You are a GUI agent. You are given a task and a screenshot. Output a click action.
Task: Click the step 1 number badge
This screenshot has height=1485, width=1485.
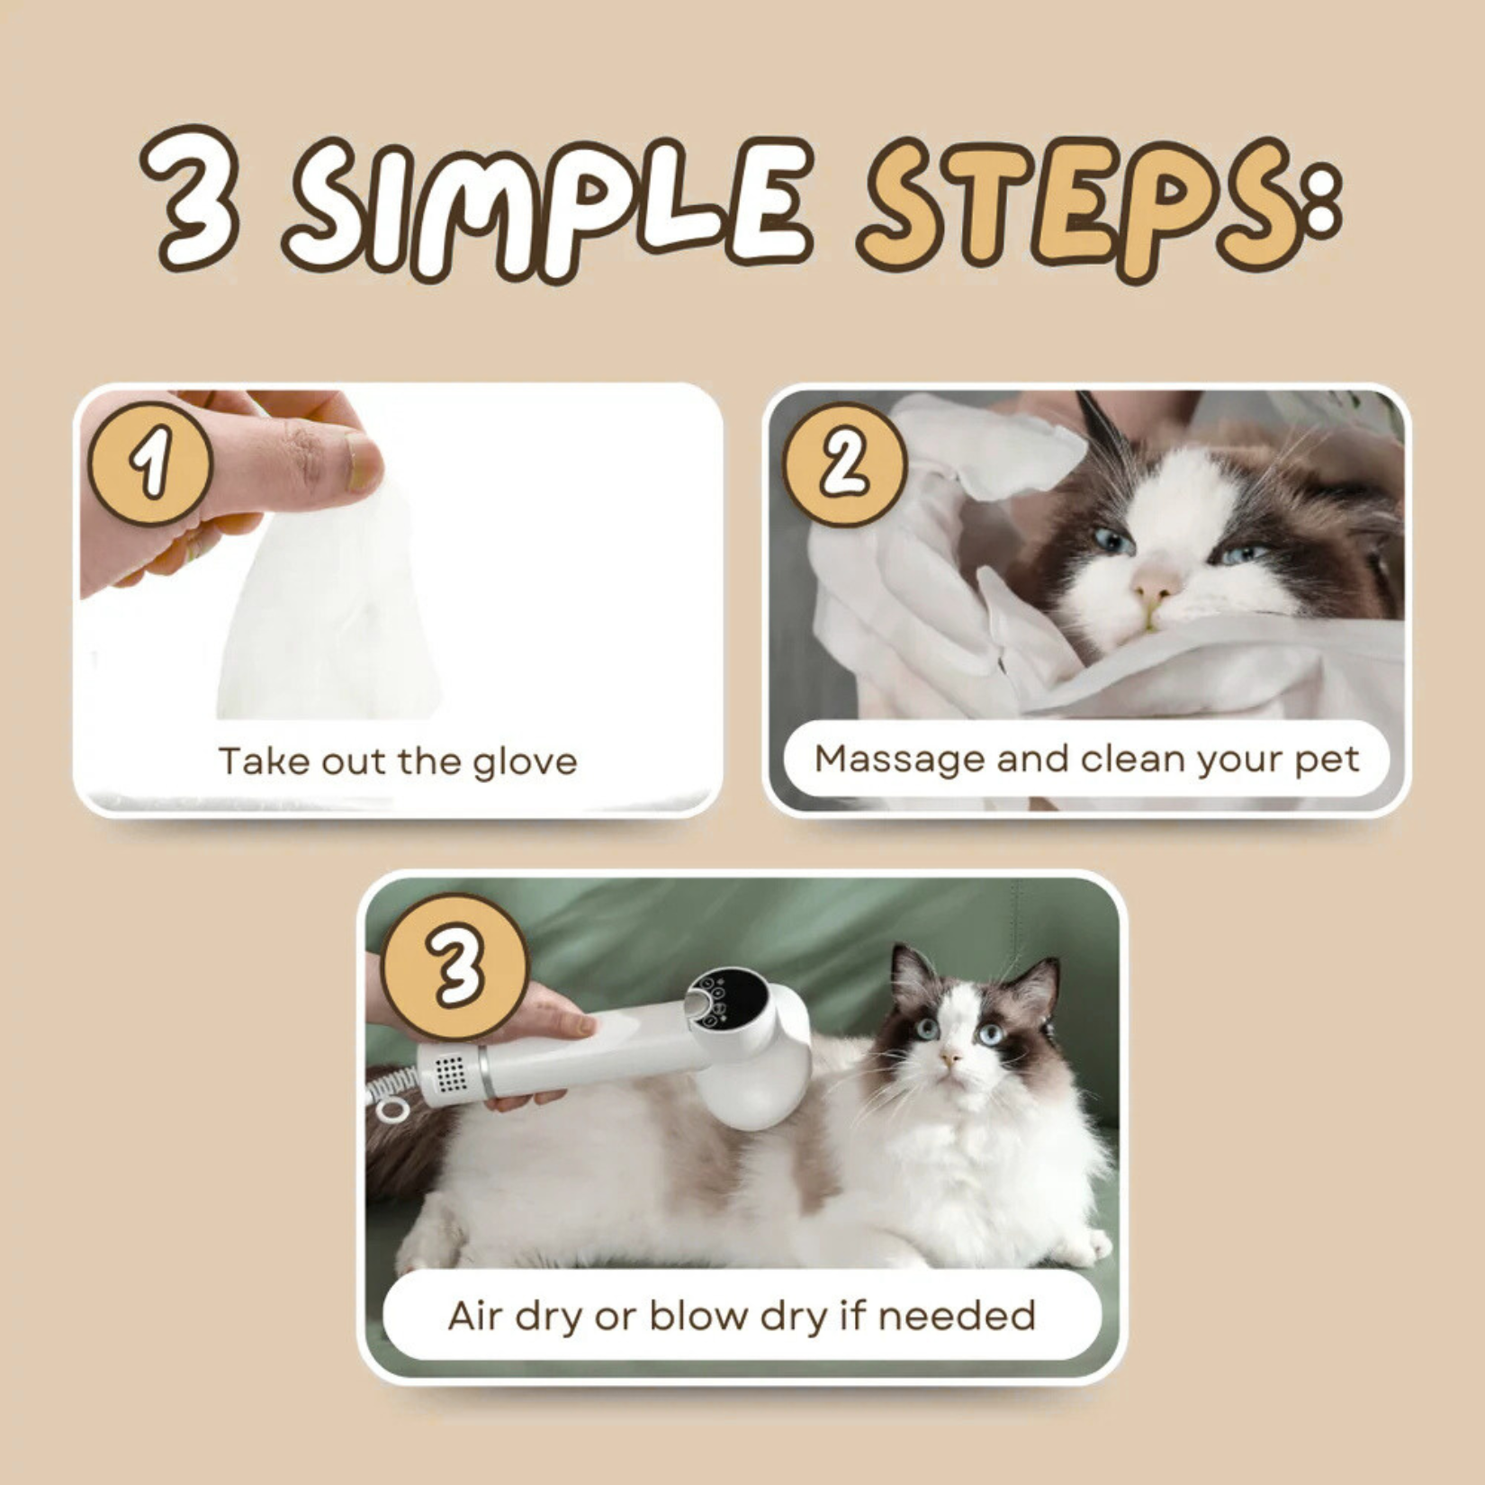click(x=150, y=463)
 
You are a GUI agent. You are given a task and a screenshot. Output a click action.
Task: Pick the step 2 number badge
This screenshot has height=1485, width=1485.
click(x=844, y=463)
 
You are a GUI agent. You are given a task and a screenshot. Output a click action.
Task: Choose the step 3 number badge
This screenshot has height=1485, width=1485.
click(x=454, y=966)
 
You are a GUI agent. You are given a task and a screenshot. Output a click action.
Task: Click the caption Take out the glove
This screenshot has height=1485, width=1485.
click(x=397, y=761)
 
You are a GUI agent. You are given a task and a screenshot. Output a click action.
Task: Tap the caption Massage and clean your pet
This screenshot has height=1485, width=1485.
click(x=1086, y=759)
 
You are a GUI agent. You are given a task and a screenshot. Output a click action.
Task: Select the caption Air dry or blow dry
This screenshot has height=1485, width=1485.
click(x=742, y=1316)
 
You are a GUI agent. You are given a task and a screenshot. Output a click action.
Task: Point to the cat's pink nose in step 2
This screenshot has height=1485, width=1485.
click(x=1154, y=587)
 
